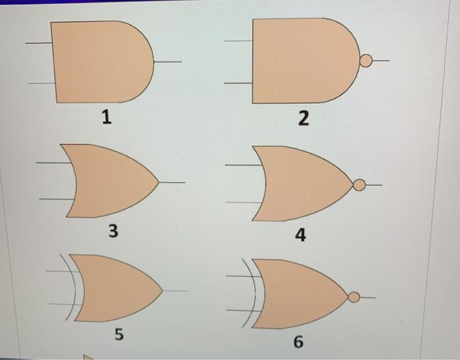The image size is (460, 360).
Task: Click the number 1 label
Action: click(x=106, y=117)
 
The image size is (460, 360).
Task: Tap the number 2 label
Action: click(x=304, y=118)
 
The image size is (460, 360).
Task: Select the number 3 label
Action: click(x=114, y=230)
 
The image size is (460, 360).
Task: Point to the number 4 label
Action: click(x=300, y=235)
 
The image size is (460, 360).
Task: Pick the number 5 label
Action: click(x=119, y=334)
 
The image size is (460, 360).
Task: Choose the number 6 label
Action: click(x=298, y=341)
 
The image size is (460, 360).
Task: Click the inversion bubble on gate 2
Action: click(x=366, y=60)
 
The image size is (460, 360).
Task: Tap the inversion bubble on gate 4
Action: click(x=359, y=185)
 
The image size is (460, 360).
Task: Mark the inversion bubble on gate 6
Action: click(x=354, y=298)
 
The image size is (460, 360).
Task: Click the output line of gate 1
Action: click(x=168, y=62)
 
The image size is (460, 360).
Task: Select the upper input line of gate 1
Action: click(x=39, y=43)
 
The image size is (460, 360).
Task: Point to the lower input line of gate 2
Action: click(x=238, y=83)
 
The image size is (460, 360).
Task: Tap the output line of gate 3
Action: click(x=172, y=183)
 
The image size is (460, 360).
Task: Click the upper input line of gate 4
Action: click(x=243, y=165)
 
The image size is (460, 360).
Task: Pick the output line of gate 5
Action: click(x=175, y=291)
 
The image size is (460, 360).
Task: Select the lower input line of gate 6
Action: click(x=244, y=310)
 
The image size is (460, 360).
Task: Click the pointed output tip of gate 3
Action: click(x=159, y=183)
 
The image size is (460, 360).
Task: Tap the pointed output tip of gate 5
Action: click(x=162, y=291)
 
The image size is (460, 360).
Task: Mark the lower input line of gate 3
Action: click(x=57, y=199)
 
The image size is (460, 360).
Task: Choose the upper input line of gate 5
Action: click(x=62, y=271)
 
